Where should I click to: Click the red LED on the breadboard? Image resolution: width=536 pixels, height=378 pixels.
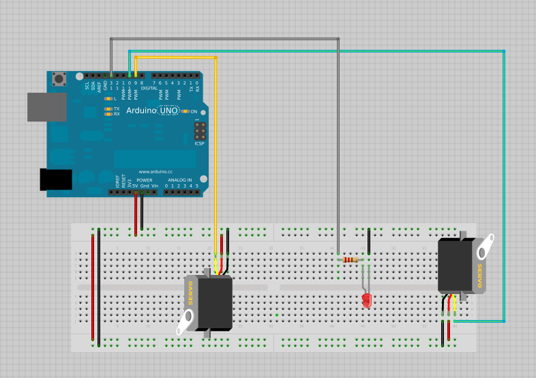click(367, 300)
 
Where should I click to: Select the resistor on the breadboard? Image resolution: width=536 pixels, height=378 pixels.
click(351, 259)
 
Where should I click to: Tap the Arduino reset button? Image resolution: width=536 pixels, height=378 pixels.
click(60, 79)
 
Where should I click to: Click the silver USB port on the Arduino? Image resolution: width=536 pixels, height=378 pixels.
click(46, 107)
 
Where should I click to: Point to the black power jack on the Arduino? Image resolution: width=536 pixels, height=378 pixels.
click(56, 179)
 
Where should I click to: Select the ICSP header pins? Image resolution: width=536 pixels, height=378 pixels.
click(199, 130)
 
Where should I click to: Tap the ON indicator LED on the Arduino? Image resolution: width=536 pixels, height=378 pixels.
click(186, 111)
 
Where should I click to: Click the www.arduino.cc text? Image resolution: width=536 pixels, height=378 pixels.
click(155, 171)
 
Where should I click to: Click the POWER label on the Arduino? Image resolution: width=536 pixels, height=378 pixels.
click(145, 180)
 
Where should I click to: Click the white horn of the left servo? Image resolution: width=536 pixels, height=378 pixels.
click(186, 322)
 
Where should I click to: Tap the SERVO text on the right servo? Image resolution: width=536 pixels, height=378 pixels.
click(479, 276)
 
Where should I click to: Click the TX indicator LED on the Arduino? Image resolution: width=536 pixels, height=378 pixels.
click(108, 108)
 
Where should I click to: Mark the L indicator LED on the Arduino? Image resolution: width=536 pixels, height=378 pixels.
click(108, 99)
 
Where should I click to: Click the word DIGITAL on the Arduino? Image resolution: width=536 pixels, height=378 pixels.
click(150, 88)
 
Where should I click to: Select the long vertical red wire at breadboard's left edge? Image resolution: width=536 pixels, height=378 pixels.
click(93, 287)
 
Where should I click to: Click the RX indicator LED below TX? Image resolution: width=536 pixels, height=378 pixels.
click(108, 114)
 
